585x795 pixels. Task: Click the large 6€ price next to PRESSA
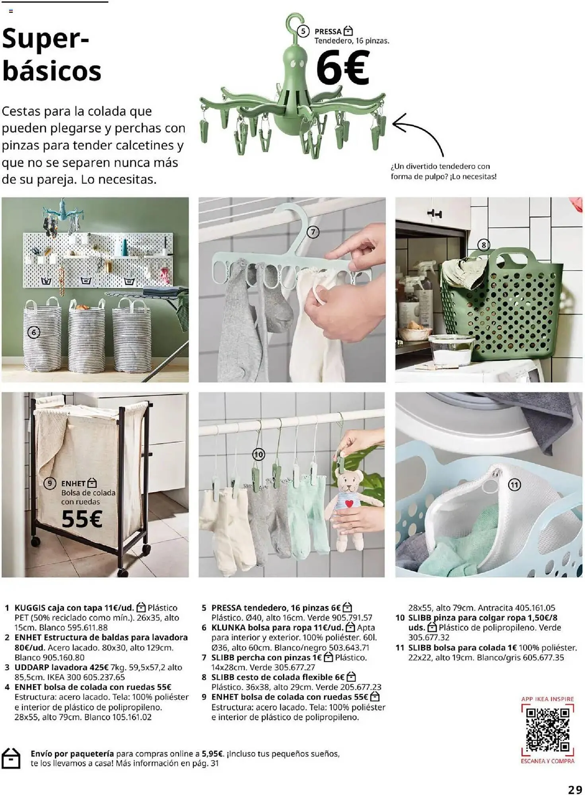click(x=342, y=68)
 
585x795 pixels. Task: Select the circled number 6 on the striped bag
click(x=34, y=332)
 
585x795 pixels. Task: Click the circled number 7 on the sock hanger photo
click(x=313, y=232)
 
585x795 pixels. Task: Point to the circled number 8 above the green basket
click(x=483, y=245)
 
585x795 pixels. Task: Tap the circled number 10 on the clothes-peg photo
click(x=258, y=454)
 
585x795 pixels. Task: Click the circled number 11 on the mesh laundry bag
click(x=514, y=485)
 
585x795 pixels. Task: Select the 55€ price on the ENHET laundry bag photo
click(x=82, y=519)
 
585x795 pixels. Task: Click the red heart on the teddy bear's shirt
click(x=349, y=504)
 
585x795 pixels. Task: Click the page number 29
click(x=575, y=789)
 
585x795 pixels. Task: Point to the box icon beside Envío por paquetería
click(x=11, y=758)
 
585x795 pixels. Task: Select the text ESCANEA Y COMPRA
click(x=548, y=761)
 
